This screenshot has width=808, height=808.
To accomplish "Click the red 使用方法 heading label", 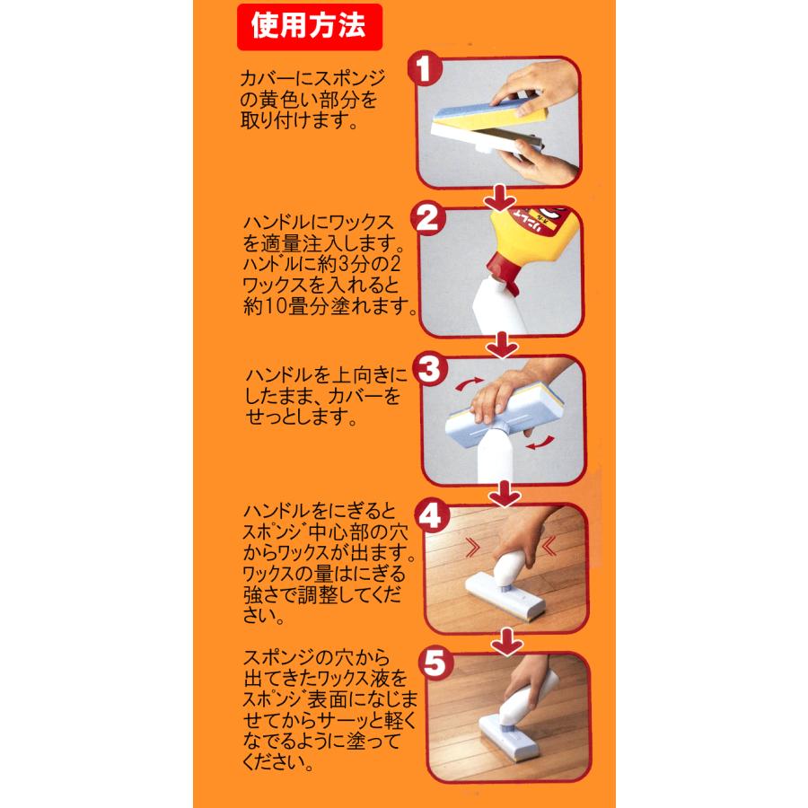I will (309, 27).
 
